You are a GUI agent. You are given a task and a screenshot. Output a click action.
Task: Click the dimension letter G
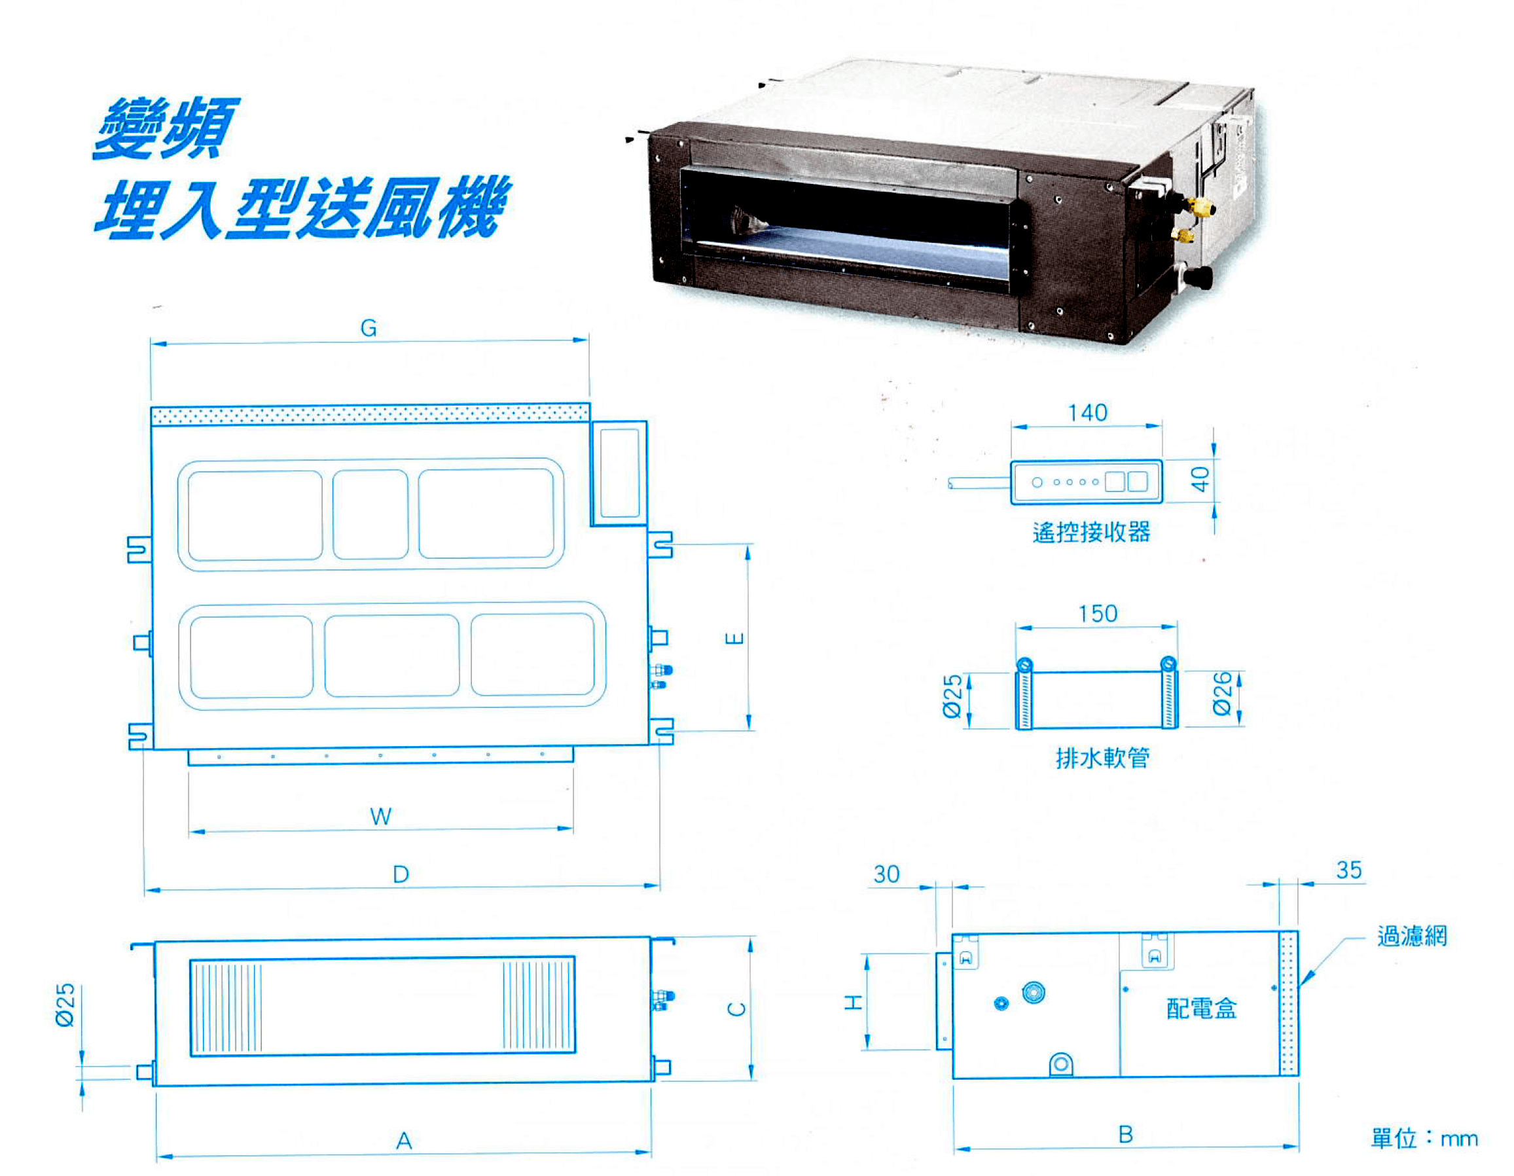coord(369,328)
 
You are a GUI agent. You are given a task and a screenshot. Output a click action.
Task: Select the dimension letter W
coord(380,816)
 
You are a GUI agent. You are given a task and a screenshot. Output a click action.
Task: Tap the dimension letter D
coord(401,874)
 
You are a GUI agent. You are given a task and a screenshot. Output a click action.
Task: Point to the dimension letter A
coord(404,1141)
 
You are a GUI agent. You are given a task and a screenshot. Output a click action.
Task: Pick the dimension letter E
coord(735,637)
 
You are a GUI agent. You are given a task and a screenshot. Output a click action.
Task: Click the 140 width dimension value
coord(1088,413)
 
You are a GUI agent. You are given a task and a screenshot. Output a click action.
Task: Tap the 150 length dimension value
coord(1098,614)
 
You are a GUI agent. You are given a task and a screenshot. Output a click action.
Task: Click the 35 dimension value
coord(1349,870)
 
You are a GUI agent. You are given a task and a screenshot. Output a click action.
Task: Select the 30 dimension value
coord(887,874)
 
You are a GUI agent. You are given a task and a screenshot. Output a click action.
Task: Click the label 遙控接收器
coord(1091,532)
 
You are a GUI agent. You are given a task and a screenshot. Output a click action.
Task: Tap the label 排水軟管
coord(1102,758)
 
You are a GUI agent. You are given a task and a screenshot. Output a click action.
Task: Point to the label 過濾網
coord(1412,936)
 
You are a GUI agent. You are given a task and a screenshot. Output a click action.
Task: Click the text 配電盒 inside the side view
coord(1201,1009)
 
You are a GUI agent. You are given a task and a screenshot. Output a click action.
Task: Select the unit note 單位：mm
coord(1424,1139)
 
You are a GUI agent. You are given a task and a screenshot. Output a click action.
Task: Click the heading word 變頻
coord(165,128)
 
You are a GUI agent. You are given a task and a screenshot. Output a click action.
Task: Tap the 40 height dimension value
coord(1200,479)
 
